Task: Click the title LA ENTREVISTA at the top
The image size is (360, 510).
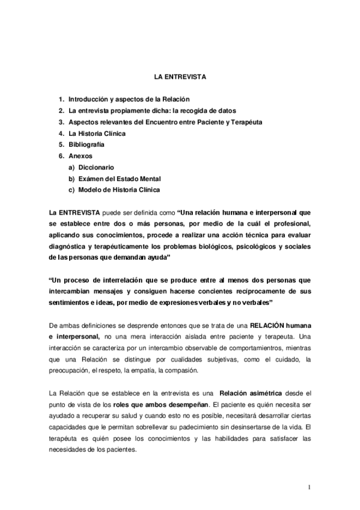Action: coord(180,78)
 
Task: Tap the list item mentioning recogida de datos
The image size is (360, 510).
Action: coord(152,110)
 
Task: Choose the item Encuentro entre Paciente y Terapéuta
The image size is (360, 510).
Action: coord(165,121)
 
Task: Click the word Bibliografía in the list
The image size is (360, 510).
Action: coord(87,144)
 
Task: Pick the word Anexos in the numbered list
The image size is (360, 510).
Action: coord(81,156)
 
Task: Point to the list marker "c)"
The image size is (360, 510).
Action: coord(71,190)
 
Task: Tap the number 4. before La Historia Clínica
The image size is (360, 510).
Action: coord(61,133)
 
